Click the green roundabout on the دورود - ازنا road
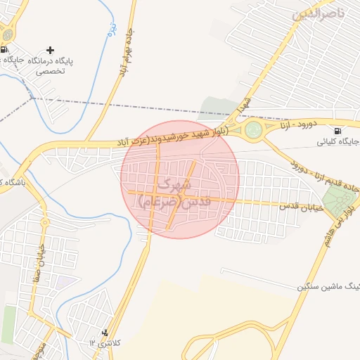pos(254,129)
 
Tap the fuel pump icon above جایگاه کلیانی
pos(338,131)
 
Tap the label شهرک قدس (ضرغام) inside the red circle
pos(169,193)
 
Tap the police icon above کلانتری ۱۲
pos(105,332)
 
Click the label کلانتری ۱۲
pos(105,342)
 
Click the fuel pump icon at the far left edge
pos(4,49)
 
